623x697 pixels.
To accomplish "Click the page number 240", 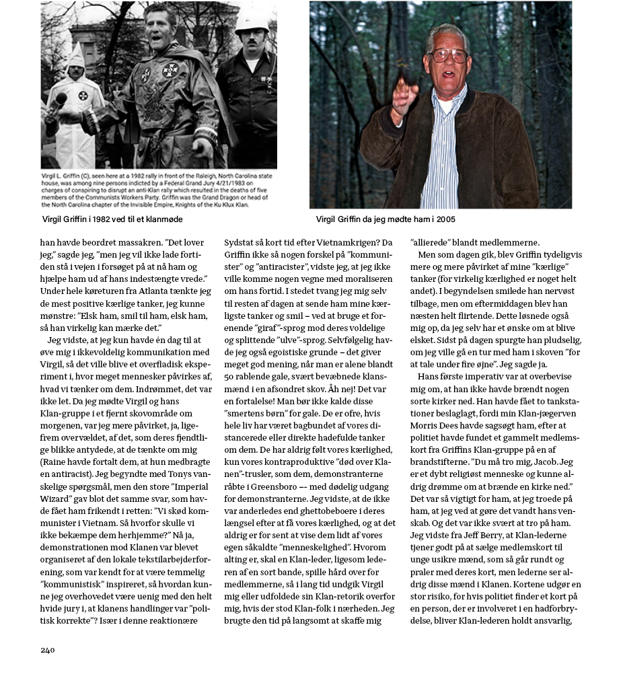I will point(47,650).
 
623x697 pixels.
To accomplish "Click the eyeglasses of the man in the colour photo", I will point(447,55).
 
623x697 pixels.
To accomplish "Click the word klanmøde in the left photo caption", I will point(163,219).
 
